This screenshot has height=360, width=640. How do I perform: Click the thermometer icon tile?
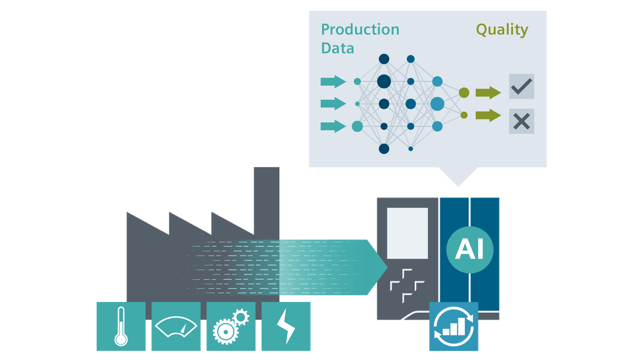click(x=121, y=326)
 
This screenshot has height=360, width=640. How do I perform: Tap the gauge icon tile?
click(x=176, y=326)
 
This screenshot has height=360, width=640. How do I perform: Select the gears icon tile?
click(x=230, y=326)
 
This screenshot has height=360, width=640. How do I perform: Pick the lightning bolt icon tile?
click(x=286, y=326)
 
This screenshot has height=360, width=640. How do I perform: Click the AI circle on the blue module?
click(x=469, y=249)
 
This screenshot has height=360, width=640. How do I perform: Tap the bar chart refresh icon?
click(x=453, y=326)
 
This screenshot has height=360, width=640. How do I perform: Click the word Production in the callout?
click(x=360, y=30)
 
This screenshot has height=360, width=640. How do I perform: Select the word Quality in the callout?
click(x=502, y=30)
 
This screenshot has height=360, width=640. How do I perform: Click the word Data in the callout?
click(x=337, y=48)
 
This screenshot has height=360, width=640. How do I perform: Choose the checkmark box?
click(x=521, y=86)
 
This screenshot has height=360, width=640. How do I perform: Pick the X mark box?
click(x=521, y=121)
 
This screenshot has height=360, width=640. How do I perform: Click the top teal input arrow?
click(x=333, y=81)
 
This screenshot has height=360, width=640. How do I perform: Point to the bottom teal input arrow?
click(x=333, y=126)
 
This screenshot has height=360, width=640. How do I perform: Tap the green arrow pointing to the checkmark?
click(x=488, y=92)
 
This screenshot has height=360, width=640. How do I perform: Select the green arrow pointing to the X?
click(x=488, y=115)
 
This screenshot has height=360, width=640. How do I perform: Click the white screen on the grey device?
click(x=407, y=233)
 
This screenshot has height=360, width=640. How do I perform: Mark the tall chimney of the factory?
click(x=266, y=193)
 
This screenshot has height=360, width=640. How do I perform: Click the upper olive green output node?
click(x=464, y=92)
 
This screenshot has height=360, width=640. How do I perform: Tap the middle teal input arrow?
click(x=333, y=104)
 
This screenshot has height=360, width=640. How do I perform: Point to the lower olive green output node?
click(x=464, y=115)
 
